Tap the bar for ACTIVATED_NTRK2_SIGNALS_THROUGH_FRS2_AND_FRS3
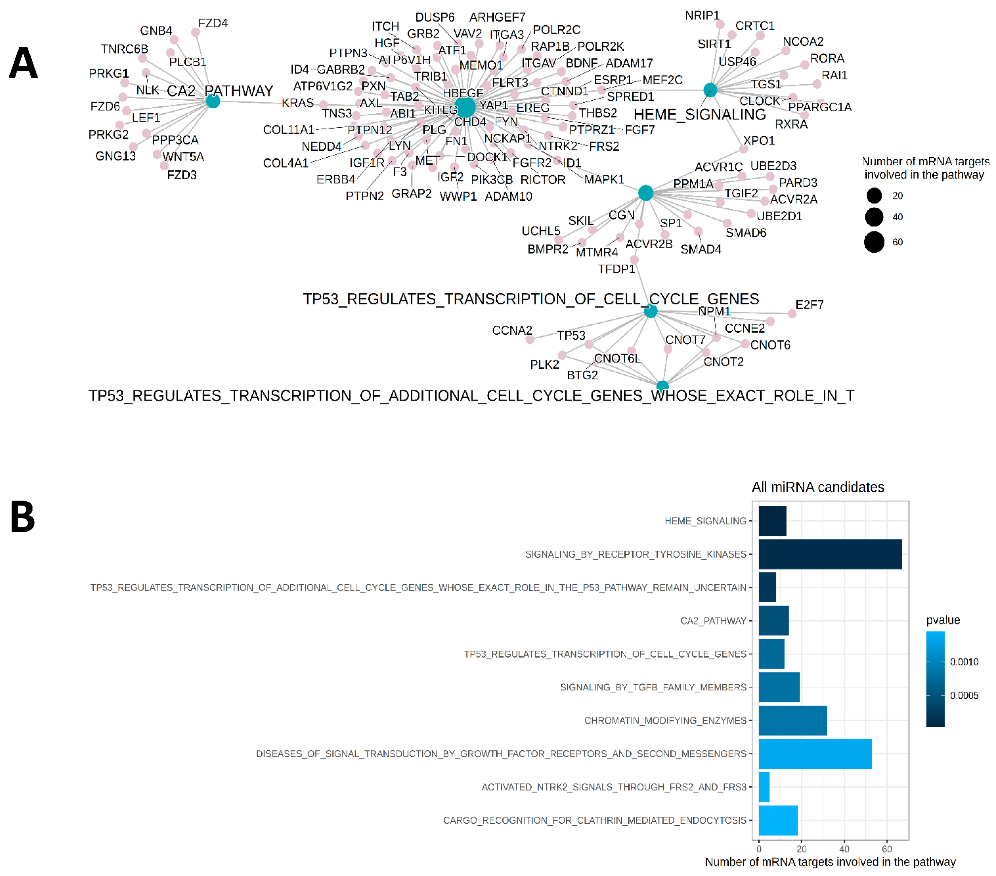764,787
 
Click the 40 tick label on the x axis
844,849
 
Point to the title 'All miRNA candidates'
817,487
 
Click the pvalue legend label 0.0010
964,662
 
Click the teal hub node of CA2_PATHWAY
213,101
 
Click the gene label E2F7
809,305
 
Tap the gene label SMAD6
746,233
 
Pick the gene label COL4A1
285,163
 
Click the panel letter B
23,517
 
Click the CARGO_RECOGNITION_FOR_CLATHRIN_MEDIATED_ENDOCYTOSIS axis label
594,820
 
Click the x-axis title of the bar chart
830,862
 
